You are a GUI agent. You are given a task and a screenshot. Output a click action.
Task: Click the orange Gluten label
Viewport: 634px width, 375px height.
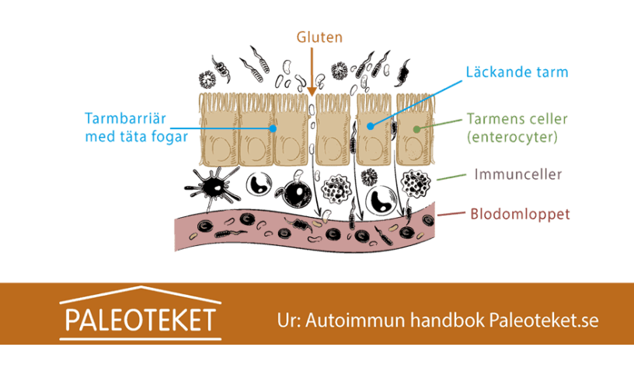click(x=319, y=37)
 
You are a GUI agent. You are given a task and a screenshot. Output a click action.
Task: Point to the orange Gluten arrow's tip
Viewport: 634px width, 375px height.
click(x=313, y=96)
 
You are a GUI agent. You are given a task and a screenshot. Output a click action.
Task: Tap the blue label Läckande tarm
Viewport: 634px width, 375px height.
click(x=516, y=72)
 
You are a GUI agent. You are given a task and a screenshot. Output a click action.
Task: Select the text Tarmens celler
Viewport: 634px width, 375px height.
click(x=517, y=119)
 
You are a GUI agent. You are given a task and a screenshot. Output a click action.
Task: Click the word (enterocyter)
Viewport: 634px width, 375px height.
click(x=517, y=137)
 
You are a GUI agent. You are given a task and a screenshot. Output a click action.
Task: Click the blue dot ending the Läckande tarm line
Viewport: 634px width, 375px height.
click(x=370, y=124)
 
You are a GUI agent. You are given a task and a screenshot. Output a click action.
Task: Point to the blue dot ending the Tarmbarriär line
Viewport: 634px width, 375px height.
click(x=273, y=127)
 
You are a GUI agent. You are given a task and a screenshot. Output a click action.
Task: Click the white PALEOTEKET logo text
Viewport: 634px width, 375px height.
click(x=140, y=320)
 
